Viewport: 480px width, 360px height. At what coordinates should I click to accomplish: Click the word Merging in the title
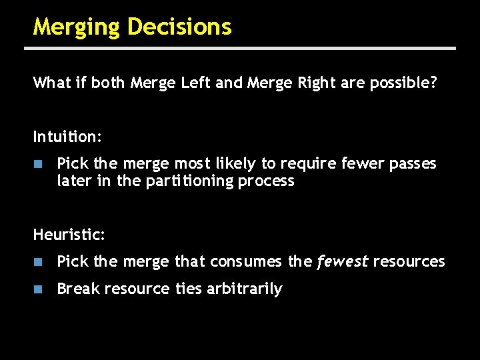(x=77, y=27)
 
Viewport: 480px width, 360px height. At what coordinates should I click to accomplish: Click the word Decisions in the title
(x=179, y=27)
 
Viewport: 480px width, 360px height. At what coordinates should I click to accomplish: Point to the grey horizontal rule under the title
(x=240, y=49)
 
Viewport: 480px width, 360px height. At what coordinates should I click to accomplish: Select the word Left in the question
(x=198, y=83)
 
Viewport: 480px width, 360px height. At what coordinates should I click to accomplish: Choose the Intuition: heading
(x=67, y=137)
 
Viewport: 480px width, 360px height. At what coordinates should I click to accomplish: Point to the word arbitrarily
(x=247, y=289)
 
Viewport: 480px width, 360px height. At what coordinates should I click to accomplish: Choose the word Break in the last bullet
(x=78, y=289)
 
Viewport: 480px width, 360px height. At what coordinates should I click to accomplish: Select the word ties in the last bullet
(x=189, y=289)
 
